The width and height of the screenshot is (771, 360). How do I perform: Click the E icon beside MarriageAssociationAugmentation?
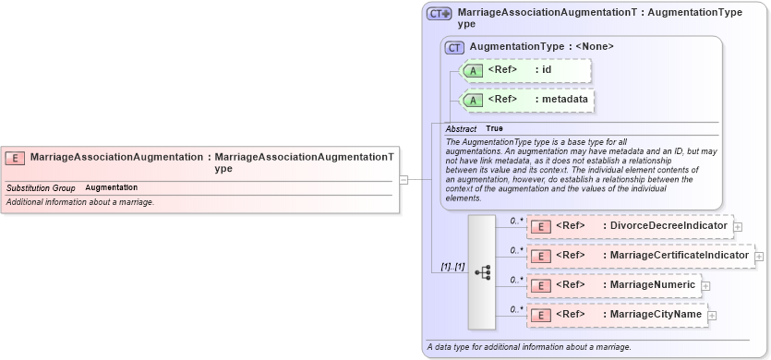pyautogui.click(x=15, y=158)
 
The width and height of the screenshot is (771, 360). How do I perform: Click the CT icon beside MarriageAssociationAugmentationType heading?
pyautogui.click(x=439, y=14)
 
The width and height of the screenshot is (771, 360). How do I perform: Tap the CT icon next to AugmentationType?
pyautogui.click(x=454, y=47)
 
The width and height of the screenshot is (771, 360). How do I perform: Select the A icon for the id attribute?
pyautogui.click(x=473, y=70)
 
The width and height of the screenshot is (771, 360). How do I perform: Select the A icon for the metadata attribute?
pyautogui.click(x=473, y=100)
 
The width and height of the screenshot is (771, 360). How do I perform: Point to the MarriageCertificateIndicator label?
pyautogui.click(x=675, y=255)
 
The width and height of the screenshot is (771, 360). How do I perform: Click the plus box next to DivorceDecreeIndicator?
pyautogui.click(x=738, y=226)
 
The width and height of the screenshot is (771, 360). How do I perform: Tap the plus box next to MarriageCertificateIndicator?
pyautogui.click(x=759, y=256)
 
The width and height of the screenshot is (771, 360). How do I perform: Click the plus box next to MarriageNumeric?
pyautogui.click(x=706, y=285)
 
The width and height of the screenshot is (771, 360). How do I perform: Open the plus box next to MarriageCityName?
pyautogui.click(x=712, y=316)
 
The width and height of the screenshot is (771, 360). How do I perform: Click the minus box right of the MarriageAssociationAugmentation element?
pyautogui.click(x=404, y=180)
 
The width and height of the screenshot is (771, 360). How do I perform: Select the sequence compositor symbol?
pyautogui.click(x=482, y=272)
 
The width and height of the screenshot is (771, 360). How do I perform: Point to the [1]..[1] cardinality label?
pyautogui.click(x=452, y=267)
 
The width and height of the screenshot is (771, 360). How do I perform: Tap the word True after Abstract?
pyautogui.click(x=495, y=128)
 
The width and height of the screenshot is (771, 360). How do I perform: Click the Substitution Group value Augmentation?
pyautogui.click(x=111, y=187)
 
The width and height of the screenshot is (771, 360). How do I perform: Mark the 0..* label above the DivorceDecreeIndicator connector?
pyautogui.click(x=516, y=221)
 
